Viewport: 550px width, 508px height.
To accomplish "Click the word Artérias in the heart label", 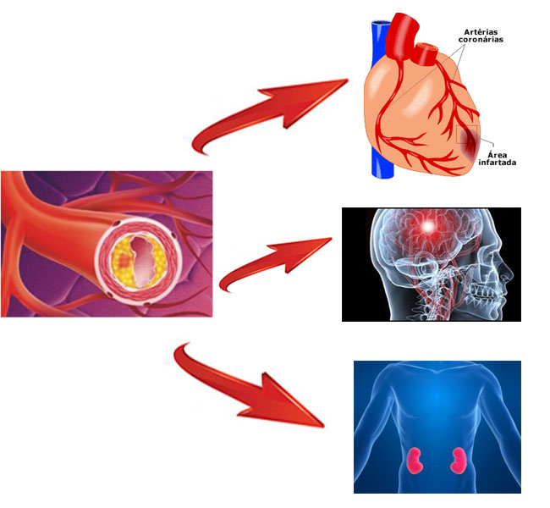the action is click(x=481, y=32).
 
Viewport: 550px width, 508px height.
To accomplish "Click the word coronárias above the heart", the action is click(x=481, y=39).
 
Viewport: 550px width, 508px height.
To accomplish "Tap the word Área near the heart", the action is click(x=497, y=155).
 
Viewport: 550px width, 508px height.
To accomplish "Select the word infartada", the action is click(x=497, y=163).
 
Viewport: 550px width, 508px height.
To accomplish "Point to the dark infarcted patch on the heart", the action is click(x=470, y=141).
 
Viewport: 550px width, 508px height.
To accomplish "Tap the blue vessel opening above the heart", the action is click(x=382, y=24).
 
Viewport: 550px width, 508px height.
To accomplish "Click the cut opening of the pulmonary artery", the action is click(x=427, y=47).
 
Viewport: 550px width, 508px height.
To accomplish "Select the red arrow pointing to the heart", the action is click(x=270, y=112).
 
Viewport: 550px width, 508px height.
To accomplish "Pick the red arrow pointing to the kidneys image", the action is click(x=245, y=386).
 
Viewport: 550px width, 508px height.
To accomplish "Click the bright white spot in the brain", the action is click(x=427, y=226).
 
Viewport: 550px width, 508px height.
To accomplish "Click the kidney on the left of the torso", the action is click(x=415, y=461).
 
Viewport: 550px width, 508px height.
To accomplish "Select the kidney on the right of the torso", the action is click(x=458, y=461).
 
